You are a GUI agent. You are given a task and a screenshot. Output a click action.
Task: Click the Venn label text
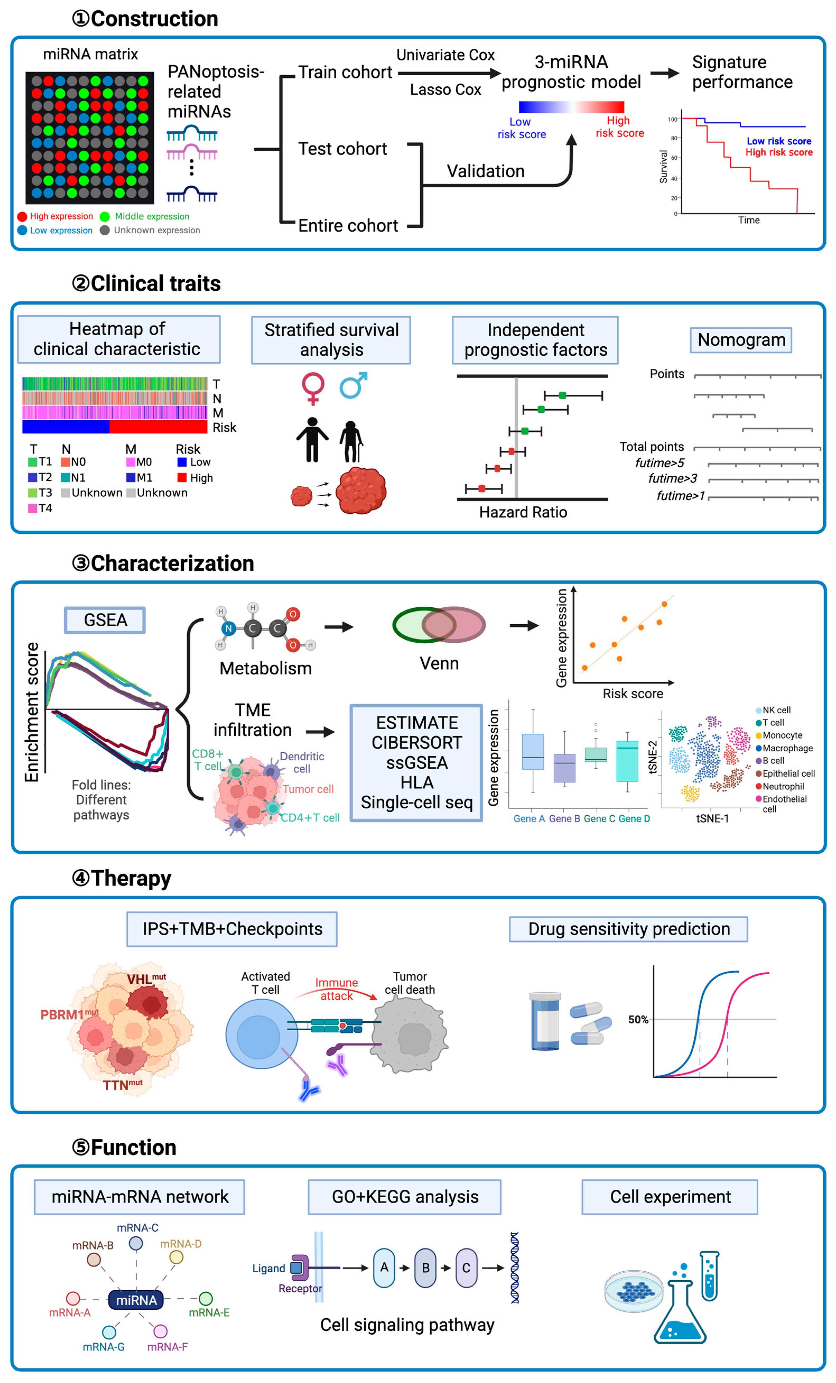click(x=439, y=663)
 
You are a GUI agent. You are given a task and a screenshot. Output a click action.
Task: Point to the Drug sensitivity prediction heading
click(x=628, y=929)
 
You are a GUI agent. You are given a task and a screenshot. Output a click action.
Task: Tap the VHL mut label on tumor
click(x=146, y=979)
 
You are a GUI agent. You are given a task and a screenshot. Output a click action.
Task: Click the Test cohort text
click(x=342, y=149)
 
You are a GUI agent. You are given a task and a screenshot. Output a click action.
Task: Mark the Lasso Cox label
click(x=446, y=90)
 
